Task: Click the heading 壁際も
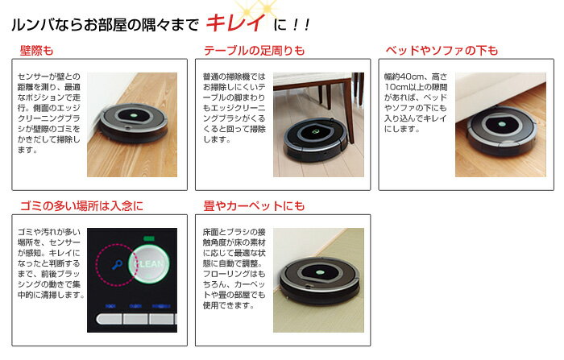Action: coord(36,51)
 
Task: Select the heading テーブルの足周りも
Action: coord(255,51)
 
